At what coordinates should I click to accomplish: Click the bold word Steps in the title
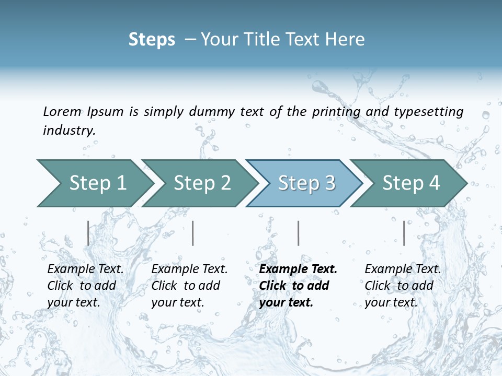pyautogui.click(x=152, y=40)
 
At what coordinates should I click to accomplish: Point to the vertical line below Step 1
pyautogui.click(x=88, y=233)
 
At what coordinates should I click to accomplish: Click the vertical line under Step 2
pyautogui.click(x=193, y=233)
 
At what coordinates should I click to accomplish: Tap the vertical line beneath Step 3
pyautogui.click(x=299, y=233)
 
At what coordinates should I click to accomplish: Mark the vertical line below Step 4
pyautogui.click(x=404, y=233)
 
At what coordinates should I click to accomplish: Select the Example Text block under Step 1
pyautogui.click(x=85, y=285)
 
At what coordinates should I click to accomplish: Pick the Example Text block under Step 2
pyautogui.click(x=189, y=285)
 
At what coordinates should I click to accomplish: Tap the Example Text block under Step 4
pyautogui.click(x=403, y=285)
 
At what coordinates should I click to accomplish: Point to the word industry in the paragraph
pyautogui.click(x=69, y=131)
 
